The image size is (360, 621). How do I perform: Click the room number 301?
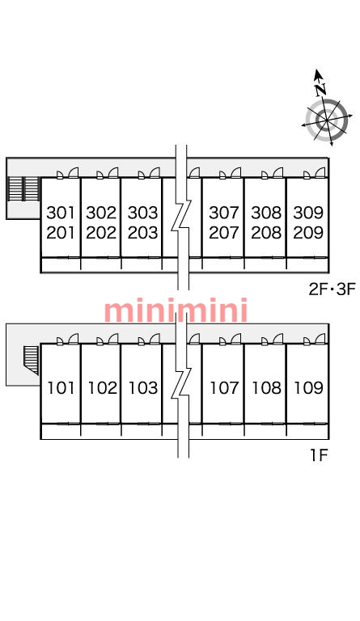coord(61,213)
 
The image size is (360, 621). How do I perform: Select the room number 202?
coord(101,233)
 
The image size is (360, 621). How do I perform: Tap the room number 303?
coord(142,213)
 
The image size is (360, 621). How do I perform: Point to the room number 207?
coord(224,233)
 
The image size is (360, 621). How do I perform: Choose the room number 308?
coord(266,213)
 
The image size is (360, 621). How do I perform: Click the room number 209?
coord(308,233)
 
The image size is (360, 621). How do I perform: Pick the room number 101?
coord(61,388)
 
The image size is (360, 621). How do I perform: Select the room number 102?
coord(102,388)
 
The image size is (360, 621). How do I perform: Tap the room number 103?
coord(143,388)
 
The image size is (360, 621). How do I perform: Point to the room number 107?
coord(225,388)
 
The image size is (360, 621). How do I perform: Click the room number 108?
coord(266,388)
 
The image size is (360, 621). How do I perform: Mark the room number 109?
coord(308,388)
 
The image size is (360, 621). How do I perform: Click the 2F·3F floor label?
coord(332,289)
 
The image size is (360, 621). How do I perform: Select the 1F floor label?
coord(319,455)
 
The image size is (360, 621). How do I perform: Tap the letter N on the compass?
coord(321,89)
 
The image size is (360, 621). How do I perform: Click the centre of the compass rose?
coord(327,118)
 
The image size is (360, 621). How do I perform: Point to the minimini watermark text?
coord(176,310)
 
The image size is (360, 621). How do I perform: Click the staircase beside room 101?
coord(31,360)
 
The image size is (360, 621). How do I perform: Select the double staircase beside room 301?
coord(23,188)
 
